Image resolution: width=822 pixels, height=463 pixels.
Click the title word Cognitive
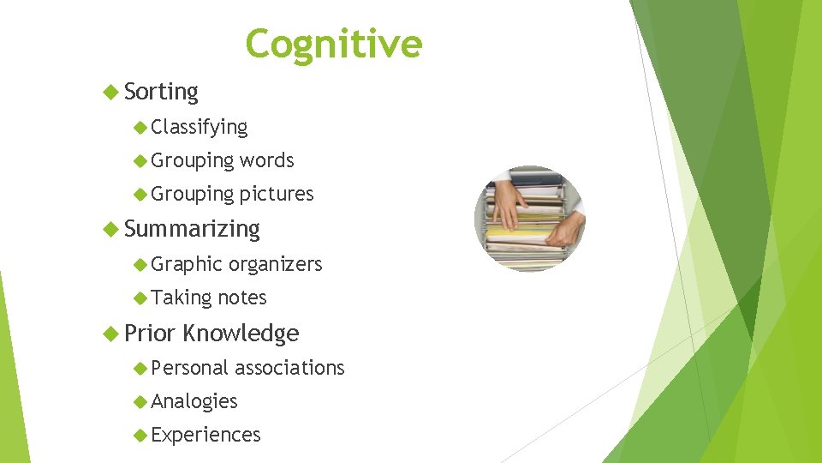click(333, 44)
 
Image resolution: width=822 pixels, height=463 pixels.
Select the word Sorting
click(161, 92)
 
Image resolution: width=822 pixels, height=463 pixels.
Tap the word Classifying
click(200, 128)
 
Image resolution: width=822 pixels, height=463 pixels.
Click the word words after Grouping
click(267, 160)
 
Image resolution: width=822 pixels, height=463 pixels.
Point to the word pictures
click(277, 195)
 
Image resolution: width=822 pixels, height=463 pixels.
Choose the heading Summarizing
click(192, 229)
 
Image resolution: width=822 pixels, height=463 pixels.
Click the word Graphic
click(187, 264)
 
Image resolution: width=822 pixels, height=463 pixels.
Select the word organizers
click(276, 264)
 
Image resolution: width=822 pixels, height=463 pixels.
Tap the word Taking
click(182, 298)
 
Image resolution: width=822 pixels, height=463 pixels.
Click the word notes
click(242, 298)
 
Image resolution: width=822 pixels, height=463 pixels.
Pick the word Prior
click(150, 333)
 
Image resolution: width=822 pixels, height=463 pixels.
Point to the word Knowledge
click(241, 333)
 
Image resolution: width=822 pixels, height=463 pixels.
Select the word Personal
click(189, 368)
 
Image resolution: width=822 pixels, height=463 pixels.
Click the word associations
click(289, 368)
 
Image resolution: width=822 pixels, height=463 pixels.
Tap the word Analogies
click(194, 401)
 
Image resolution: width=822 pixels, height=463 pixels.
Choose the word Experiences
click(205, 435)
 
